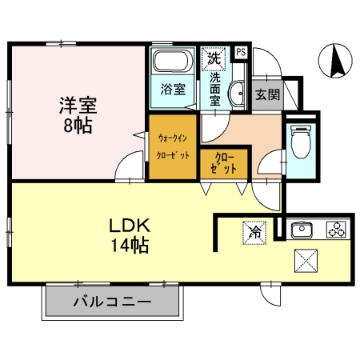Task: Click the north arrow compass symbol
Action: (335, 61)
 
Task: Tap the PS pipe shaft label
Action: (241, 52)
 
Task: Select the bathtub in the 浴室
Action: (173, 61)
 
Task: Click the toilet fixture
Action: (301, 142)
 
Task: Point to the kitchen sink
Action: (302, 229)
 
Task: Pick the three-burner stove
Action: (337, 230)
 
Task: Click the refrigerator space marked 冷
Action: (254, 233)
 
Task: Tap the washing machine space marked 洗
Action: (214, 59)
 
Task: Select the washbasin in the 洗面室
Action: (236, 94)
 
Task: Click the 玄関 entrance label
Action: (267, 94)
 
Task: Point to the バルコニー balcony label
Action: (112, 302)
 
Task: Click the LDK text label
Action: (130, 226)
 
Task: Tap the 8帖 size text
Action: (78, 125)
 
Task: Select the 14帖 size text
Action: (130, 246)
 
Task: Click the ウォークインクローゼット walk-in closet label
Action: (173, 146)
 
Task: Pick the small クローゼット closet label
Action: (223, 163)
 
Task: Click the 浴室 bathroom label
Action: (173, 90)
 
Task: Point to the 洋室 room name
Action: (78, 106)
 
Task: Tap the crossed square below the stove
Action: (306, 261)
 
